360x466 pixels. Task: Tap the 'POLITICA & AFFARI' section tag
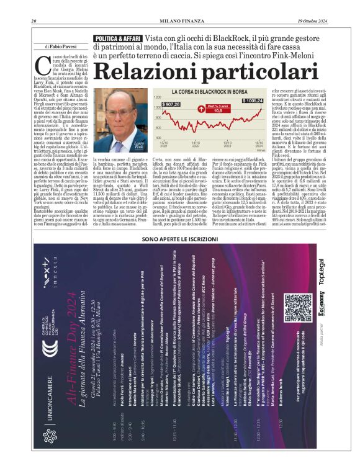click(116, 38)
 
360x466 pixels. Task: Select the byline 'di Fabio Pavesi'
click(62, 47)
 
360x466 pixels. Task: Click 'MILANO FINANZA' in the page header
click(180, 22)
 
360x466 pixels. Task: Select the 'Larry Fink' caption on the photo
click(139, 144)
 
